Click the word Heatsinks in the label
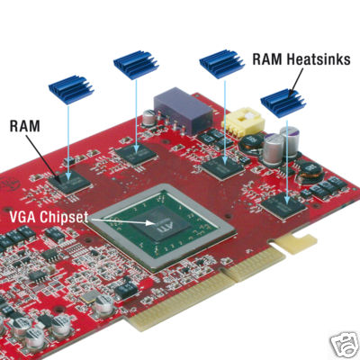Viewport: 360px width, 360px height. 318,59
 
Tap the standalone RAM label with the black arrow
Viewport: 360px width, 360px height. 24,126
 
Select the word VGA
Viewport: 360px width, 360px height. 23,217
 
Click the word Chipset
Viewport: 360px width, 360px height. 64,218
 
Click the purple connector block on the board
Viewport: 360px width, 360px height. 184,110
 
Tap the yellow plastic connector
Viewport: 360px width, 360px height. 244,123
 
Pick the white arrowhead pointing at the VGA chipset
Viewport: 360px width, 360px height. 150,223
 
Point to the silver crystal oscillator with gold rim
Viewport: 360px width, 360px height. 89,297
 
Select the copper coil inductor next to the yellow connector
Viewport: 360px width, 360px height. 251,142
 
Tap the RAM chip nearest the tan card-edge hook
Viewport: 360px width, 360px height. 283,205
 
